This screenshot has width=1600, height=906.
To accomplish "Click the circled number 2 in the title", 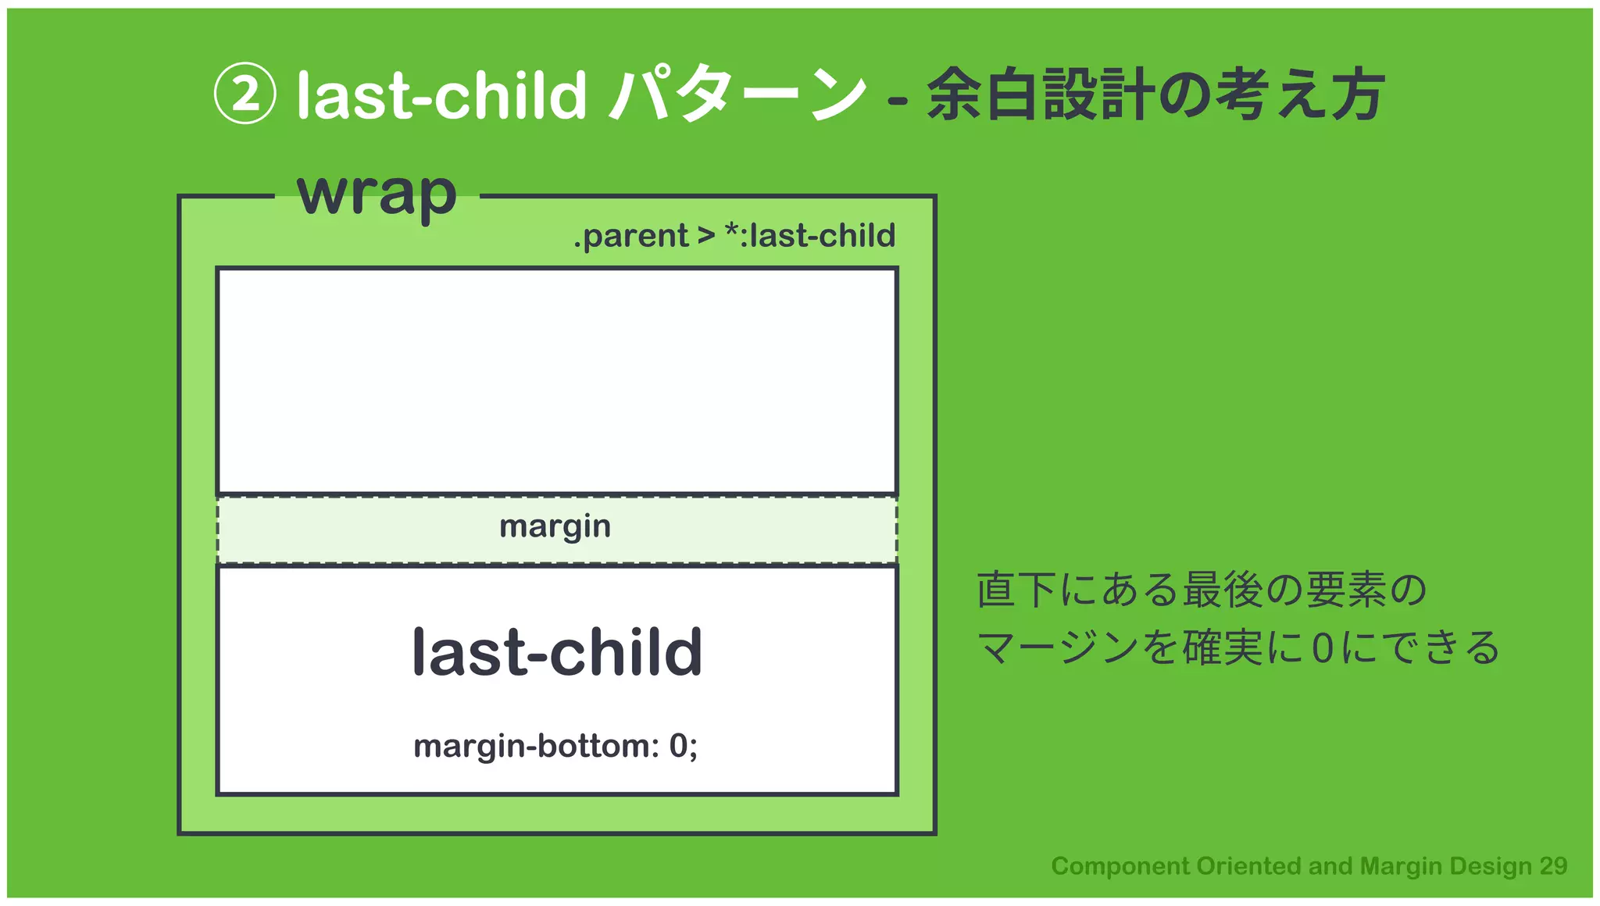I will pyautogui.click(x=245, y=94).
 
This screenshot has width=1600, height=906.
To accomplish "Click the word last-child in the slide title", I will pyautogui.click(x=441, y=95).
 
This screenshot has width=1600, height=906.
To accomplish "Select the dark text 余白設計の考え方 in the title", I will pyautogui.click(x=1155, y=95).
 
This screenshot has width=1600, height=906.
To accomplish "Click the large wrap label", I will pyautogui.click(x=377, y=194).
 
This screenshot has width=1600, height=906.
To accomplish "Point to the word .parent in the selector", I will pyautogui.click(x=630, y=236).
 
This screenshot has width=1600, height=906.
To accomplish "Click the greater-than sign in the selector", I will pyautogui.click(x=706, y=236).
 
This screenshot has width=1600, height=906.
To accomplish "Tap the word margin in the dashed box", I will pyautogui.click(x=555, y=527).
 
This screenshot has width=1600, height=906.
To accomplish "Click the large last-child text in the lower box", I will pyautogui.click(x=557, y=652).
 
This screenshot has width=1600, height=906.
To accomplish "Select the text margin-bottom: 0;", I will pyautogui.click(x=555, y=746).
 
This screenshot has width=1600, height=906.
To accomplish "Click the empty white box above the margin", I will pyautogui.click(x=557, y=381).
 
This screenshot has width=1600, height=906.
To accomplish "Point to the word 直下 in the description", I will pyautogui.click(x=1016, y=590).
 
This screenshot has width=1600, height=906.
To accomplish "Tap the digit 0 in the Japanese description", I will pyautogui.click(x=1322, y=648).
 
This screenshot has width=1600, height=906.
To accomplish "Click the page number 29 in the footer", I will pyautogui.click(x=1553, y=865).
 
